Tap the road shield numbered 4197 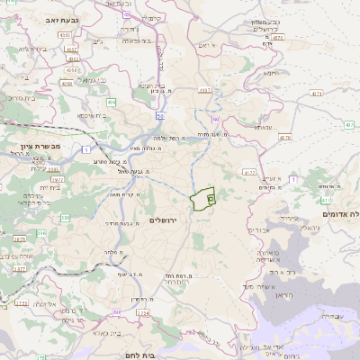click(204, 90)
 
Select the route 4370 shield click(285, 137)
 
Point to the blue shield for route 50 click(159, 114)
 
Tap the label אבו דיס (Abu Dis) click(260, 229)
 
